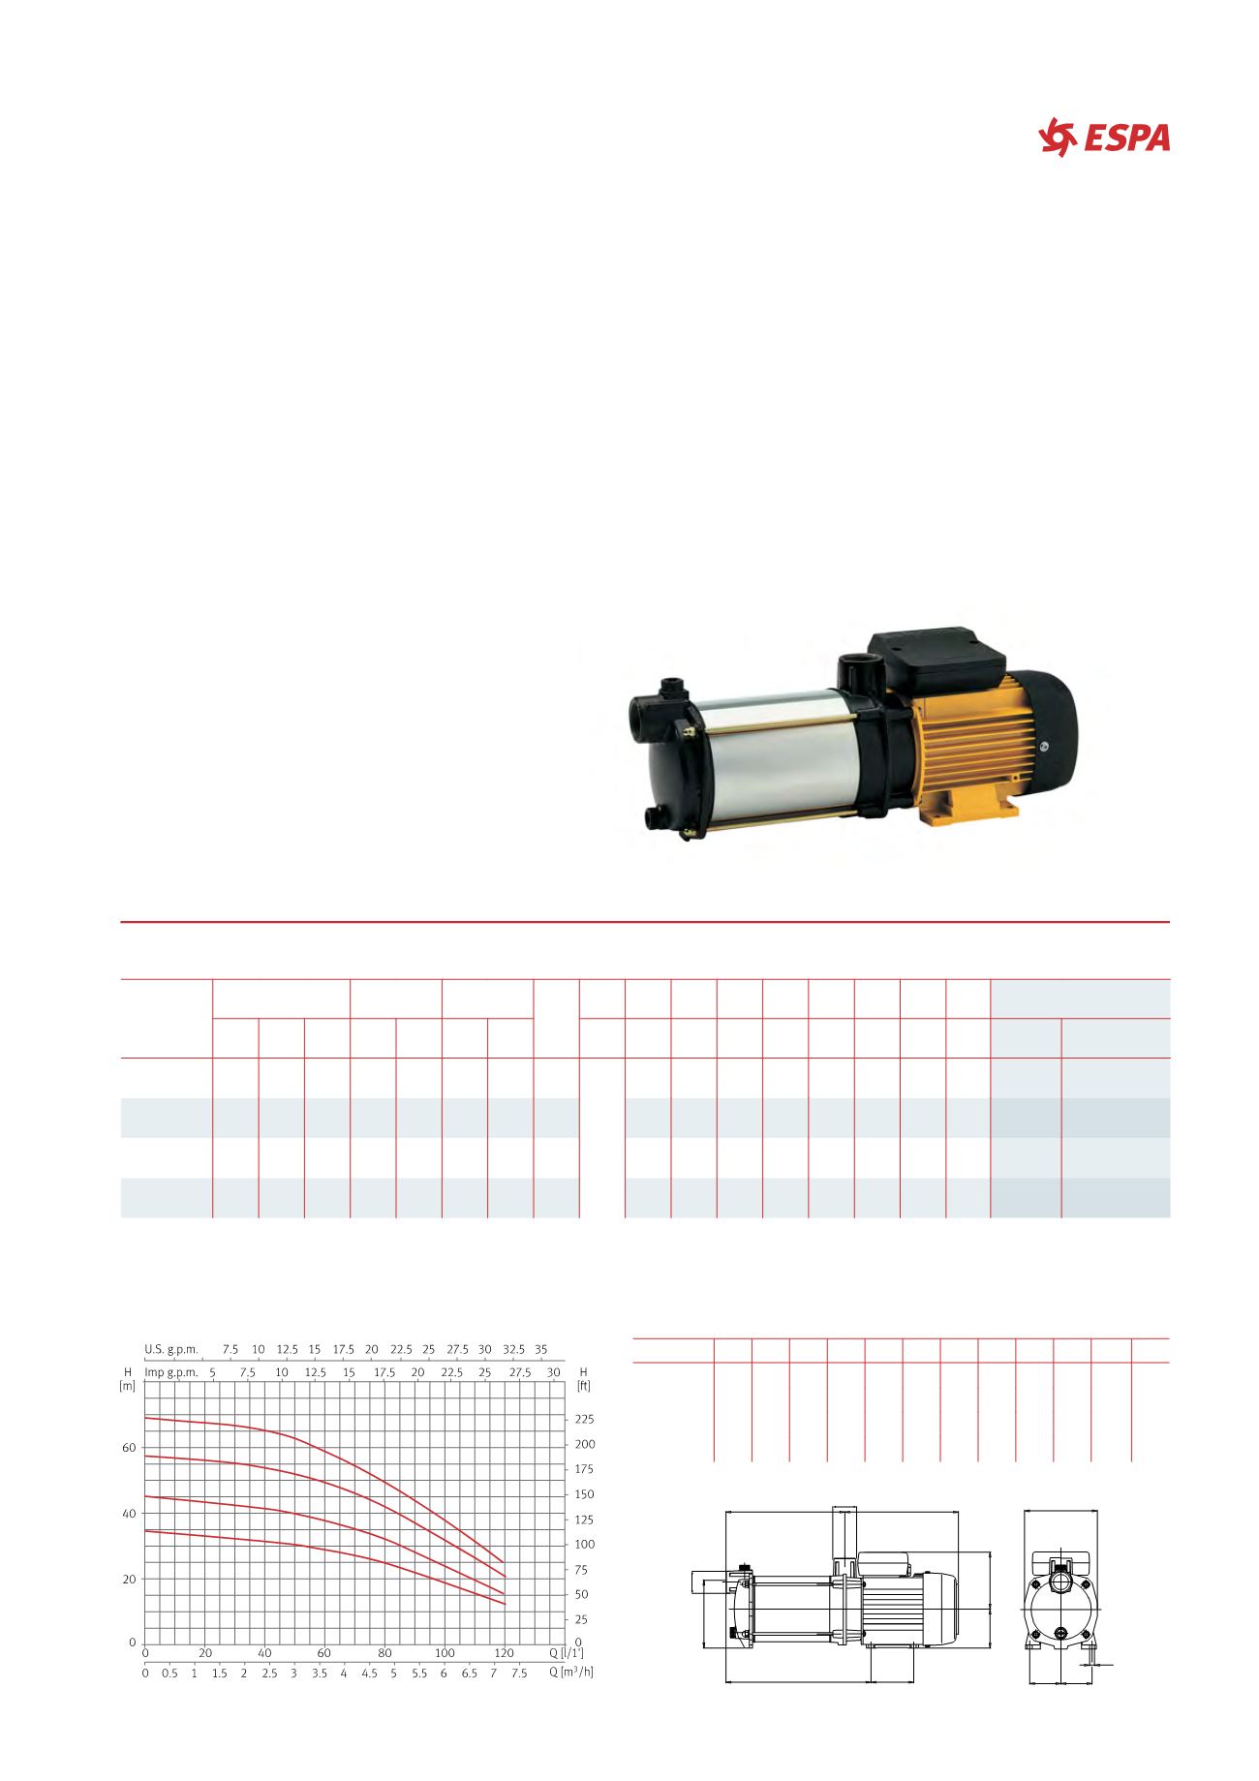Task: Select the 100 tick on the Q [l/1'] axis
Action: (x=445, y=1653)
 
